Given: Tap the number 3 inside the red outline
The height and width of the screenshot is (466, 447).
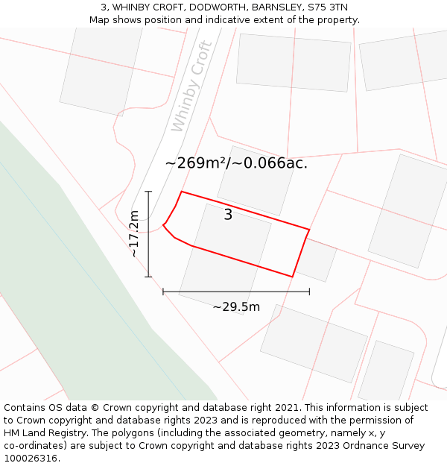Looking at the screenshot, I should coord(228,215).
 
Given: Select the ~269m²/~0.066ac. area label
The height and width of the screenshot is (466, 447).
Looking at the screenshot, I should coord(236,163).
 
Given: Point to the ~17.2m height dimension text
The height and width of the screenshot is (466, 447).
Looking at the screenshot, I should coord(134,234).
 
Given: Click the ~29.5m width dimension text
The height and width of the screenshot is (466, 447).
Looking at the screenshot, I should coord(236,307).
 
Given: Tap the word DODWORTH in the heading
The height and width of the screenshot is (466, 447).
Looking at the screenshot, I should coord(218,7).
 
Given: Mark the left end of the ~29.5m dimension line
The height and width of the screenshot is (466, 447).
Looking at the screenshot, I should coord(163,292).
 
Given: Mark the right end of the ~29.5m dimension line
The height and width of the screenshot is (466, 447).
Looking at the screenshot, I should coord(309,292).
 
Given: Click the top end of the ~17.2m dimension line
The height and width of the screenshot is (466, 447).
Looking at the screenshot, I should coord(148,192).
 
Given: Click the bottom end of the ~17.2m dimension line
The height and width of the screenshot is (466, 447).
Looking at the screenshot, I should coord(148,277).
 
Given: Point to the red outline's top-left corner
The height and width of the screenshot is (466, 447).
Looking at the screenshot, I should coord(181,192).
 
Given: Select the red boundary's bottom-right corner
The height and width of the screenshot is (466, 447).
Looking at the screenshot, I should coord(292,277).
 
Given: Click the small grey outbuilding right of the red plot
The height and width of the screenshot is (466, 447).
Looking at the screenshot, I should coord(316,260).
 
